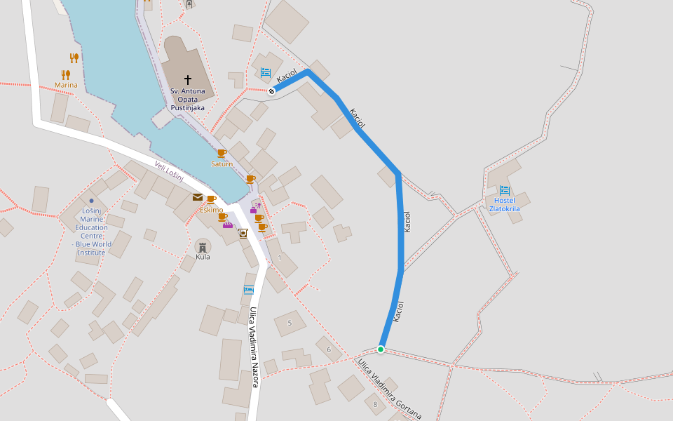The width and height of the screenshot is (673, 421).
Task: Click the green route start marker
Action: tap(381, 349)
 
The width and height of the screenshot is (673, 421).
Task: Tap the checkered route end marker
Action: tap(271, 91)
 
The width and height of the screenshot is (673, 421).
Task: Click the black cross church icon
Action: tap(187, 80)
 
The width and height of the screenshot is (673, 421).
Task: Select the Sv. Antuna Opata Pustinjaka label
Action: tap(187, 100)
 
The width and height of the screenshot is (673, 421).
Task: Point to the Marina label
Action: tap(66, 86)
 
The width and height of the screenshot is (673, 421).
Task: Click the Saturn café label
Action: tap(222, 163)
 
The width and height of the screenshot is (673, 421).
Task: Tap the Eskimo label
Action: tap(211, 210)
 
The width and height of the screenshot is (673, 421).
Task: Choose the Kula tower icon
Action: tap(203, 246)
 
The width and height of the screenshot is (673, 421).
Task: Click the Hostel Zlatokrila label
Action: tap(504, 204)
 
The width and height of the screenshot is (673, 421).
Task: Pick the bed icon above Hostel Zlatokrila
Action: tap(505, 190)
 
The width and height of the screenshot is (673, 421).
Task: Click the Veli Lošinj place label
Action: tap(169, 171)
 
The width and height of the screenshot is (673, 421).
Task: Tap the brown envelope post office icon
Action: tap(198, 197)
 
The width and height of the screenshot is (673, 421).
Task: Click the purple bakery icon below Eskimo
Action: tap(228, 225)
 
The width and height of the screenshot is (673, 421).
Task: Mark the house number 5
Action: tap(290, 323)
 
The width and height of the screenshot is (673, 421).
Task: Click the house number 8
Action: tap(375, 404)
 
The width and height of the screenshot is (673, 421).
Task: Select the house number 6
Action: tap(328, 349)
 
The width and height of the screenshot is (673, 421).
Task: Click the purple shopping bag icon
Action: tap(253, 209)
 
